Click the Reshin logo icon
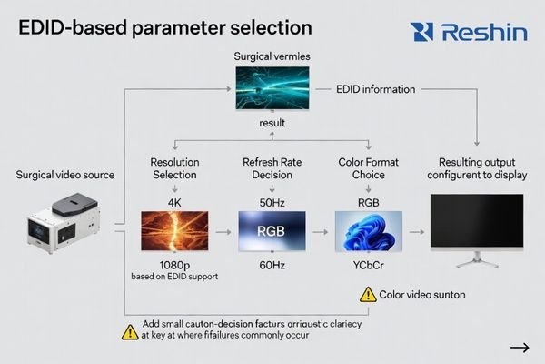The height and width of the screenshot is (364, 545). click(x=421, y=33)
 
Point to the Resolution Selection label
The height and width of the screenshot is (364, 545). click(x=174, y=168)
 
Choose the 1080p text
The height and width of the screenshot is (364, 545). click(x=174, y=262)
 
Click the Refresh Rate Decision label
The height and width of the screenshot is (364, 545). click(x=272, y=168)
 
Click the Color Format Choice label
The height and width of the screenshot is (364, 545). click(x=368, y=168)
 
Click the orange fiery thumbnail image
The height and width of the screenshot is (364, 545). click(x=174, y=231)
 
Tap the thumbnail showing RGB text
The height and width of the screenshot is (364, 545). click(x=272, y=231)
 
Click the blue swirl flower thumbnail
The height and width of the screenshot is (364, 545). click(x=368, y=231)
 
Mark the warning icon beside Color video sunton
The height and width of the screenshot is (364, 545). click(x=368, y=294)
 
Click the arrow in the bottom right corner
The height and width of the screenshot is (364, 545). click(x=520, y=347)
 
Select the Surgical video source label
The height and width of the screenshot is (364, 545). click(x=66, y=175)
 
